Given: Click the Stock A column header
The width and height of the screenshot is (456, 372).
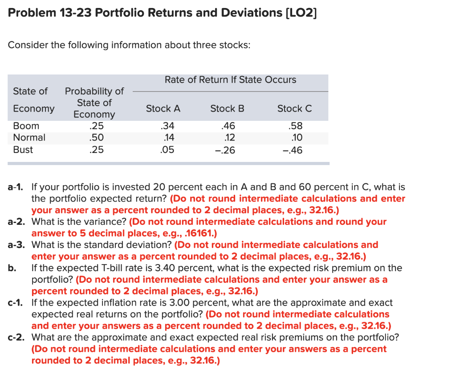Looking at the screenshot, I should (x=163, y=108).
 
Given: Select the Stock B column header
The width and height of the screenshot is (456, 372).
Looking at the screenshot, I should (x=227, y=108).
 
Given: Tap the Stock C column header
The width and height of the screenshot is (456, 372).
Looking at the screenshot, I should (x=294, y=108).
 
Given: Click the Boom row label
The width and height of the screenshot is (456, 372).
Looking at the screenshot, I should (x=26, y=126).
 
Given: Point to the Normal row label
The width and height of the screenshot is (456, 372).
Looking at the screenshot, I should (x=29, y=137).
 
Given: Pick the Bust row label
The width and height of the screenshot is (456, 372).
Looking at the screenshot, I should (x=23, y=149).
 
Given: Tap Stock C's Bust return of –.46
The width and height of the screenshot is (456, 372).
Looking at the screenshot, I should (x=293, y=150).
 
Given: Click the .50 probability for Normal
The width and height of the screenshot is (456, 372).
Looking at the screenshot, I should (x=97, y=137).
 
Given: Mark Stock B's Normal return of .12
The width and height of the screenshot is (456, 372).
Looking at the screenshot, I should (x=229, y=137).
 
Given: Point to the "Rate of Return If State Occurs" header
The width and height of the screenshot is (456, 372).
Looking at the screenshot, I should (x=230, y=80).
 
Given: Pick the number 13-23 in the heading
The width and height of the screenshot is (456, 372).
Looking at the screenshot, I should (x=76, y=13).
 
